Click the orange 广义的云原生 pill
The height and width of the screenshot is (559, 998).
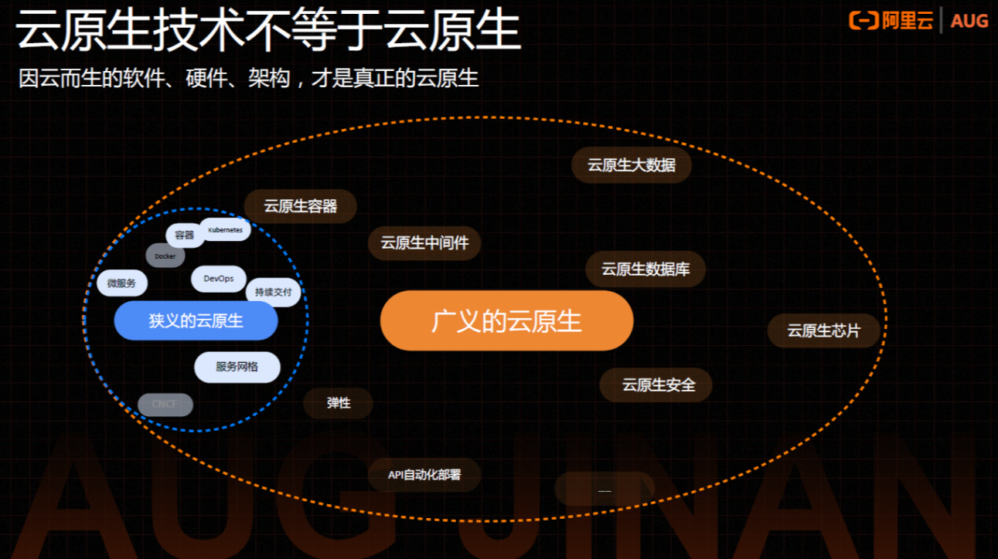pyautogui.click(x=506, y=321)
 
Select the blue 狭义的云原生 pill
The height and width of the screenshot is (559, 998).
pyautogui.click(x=196, y=321)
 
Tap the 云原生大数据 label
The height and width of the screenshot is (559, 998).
pyautogui.click(x=631, y=165)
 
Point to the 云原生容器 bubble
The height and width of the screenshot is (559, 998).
pyautogui.click(x=301, y=206)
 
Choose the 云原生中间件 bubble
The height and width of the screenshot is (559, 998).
pyautogui.click(x=424, y=243)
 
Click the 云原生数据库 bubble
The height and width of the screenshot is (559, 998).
pyautogui.click(x=645, y=269)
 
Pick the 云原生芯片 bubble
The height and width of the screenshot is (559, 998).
pyautogui.click(x=823, y=330)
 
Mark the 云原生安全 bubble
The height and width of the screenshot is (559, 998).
pyautogui.click(x=656, y=385)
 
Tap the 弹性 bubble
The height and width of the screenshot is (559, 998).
pyautogui.click(x=339, y=403)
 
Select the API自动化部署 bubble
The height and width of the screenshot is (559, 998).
pyautogui.click(x=424, y=475)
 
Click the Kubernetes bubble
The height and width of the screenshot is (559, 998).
pyautogui.click(x=225, y=230)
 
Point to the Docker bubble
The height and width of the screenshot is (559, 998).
pyautogui.click(x=165, y=256)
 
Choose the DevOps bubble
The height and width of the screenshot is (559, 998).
pyautogui.click(x=218, y=279)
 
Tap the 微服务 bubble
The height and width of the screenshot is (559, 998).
pyautogui.click(x=121, y=283)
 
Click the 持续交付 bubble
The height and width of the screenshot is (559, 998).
pyautogui.click(x=273, y=293)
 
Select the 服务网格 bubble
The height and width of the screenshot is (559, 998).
pyautogui.click(x=237, y=367)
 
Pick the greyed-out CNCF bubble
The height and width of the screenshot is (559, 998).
pyautogui.click(x=165, y=404)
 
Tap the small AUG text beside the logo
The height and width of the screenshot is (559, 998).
pyautogui.click(x=969, y=21)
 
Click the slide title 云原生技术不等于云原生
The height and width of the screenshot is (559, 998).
pyautogui.click(x=268, y=32)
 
